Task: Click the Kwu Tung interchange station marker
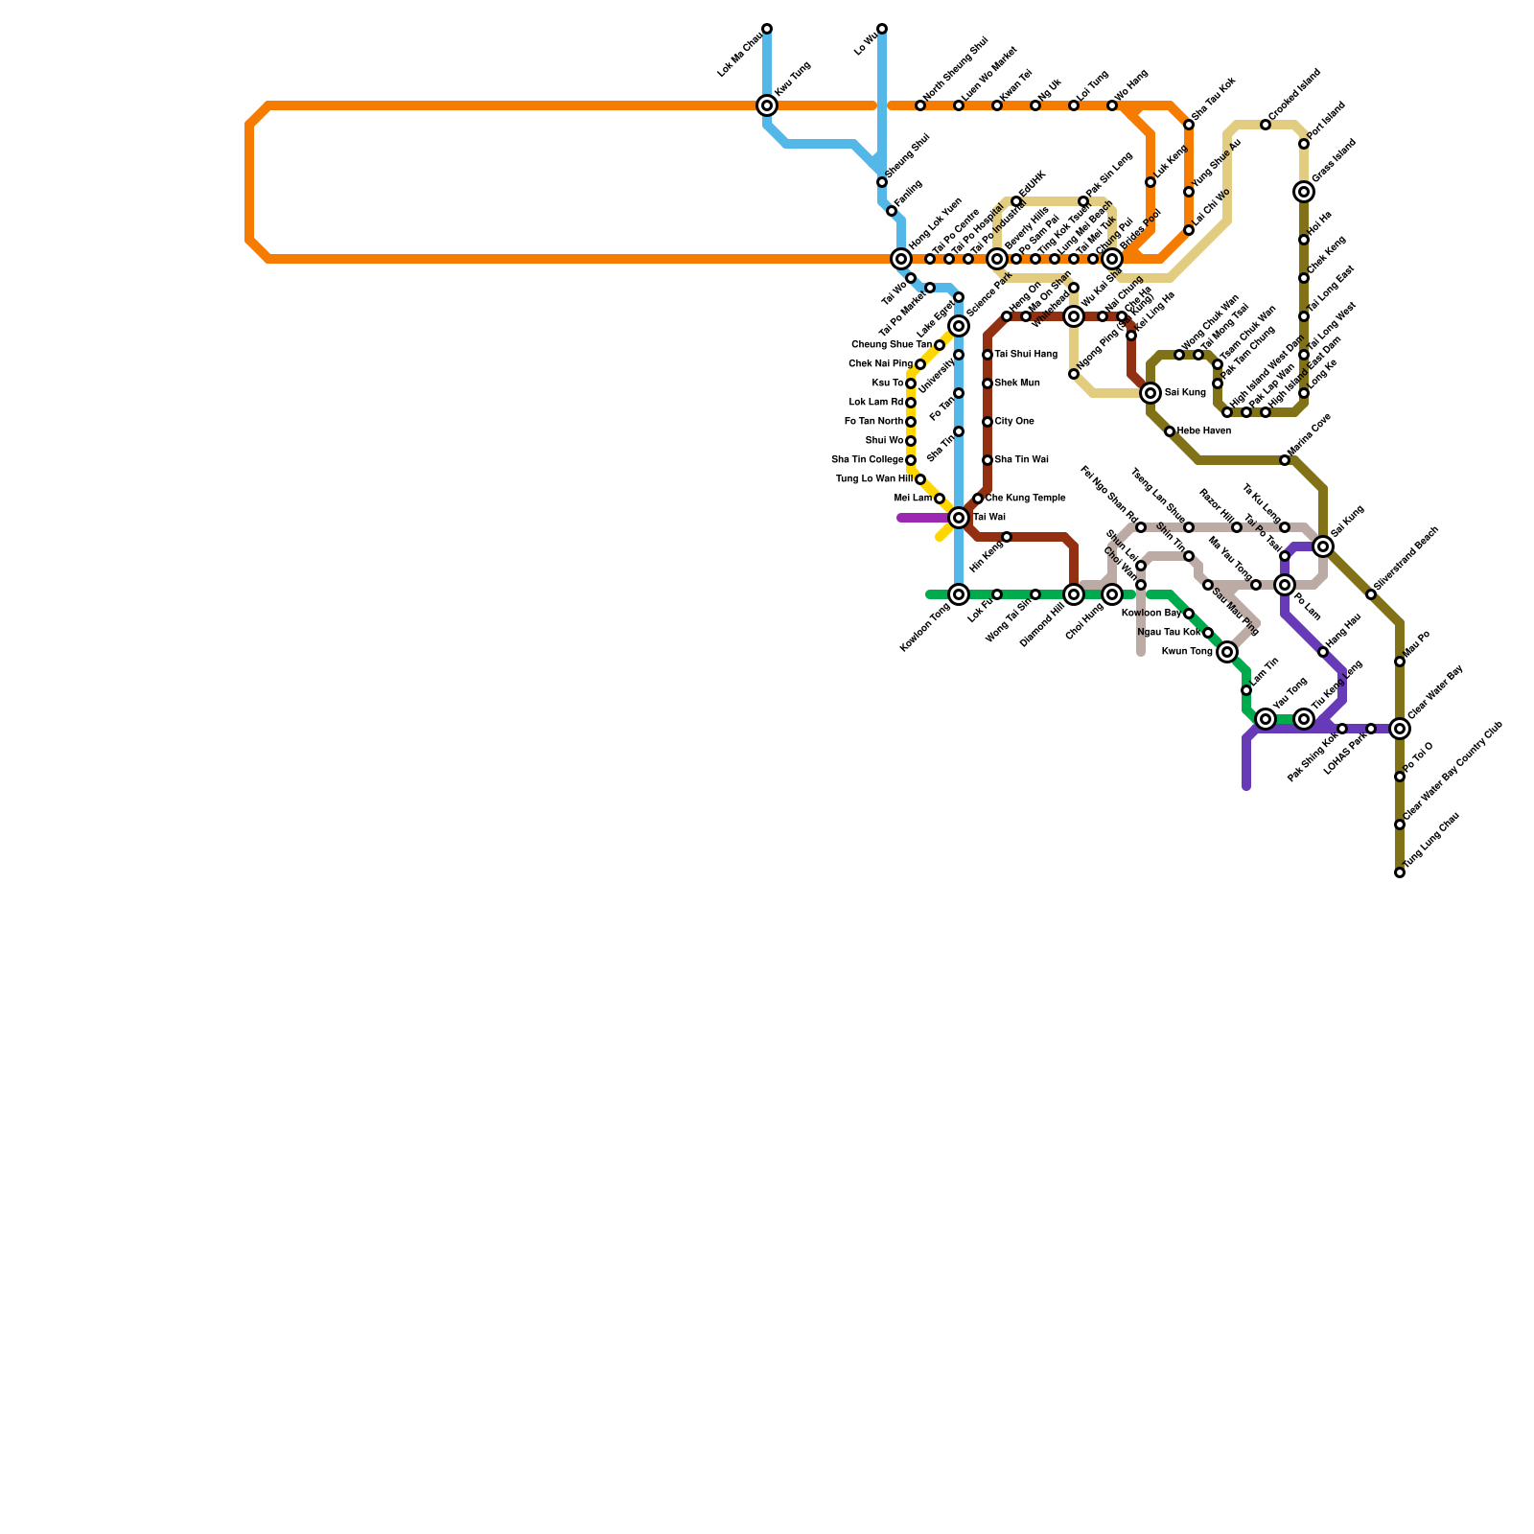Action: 767,105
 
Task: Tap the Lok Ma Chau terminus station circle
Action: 767,29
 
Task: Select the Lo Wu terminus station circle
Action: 882,29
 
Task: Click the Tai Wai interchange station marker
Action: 959,518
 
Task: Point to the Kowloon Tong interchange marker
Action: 959,594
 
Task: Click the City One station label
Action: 1014,422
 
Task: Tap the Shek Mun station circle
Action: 988,383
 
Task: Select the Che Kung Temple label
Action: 1025,499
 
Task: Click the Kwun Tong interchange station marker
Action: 1227,652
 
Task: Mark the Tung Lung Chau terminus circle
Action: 1400,872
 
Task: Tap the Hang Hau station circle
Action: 1323,652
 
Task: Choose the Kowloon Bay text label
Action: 1150,614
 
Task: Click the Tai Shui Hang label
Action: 1026,355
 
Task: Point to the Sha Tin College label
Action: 868,460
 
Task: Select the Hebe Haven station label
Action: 1204,431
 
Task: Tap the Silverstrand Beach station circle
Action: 1371,594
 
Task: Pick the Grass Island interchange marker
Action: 1304,192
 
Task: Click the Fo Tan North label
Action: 873,422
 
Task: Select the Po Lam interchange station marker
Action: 1285,585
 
